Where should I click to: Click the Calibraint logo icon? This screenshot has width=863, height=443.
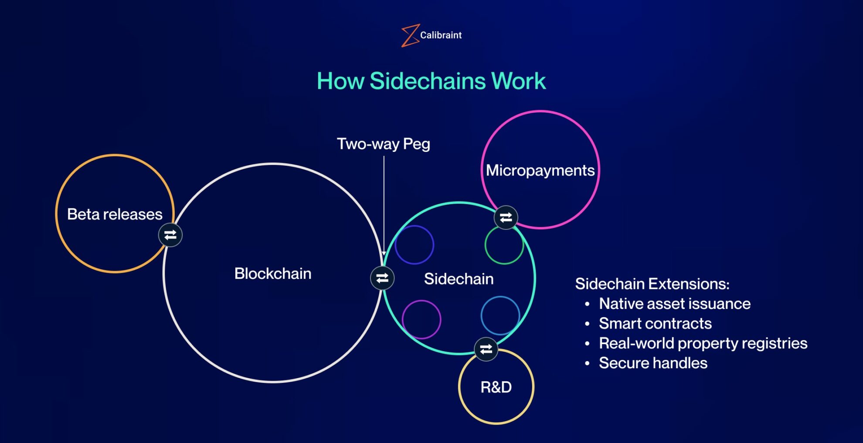[410, 35]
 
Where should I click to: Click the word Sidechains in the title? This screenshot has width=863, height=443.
[427, 81]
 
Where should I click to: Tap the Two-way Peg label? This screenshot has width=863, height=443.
[384, 144]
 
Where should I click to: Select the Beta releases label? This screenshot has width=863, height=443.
[115, 214]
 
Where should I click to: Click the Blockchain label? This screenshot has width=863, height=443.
[273, 274]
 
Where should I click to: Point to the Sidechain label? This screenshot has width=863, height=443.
[459, 279]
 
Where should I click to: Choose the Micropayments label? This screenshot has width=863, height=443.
[540, 171]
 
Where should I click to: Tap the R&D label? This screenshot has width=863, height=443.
[496, 387]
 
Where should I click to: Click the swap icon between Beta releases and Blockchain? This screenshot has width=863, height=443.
[170, 235]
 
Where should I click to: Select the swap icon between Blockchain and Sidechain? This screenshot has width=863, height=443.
[382, 278]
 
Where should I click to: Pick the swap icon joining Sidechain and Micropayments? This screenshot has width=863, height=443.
[506, 217]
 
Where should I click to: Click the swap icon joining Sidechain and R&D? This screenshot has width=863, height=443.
[486, 349]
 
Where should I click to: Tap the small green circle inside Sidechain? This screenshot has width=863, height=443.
[504, 245]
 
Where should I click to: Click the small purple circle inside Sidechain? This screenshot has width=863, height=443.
[421, 319]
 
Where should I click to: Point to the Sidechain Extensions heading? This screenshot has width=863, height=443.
[652, 284]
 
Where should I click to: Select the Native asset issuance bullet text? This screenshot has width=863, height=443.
[674, 304]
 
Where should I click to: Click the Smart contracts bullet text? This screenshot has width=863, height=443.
[655, 324]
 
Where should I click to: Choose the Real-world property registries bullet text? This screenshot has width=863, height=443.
[703, 343]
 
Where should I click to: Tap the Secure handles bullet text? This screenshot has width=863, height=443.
[653, 363]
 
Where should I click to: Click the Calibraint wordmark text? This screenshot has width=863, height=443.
[441, 35]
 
